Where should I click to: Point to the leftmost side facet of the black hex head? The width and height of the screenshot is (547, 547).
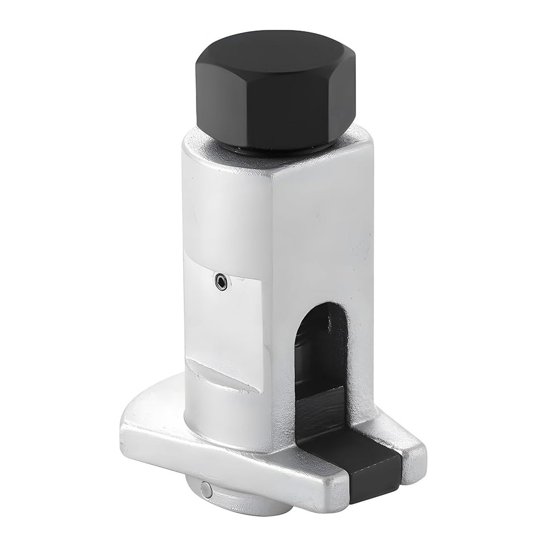point(204,94)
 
